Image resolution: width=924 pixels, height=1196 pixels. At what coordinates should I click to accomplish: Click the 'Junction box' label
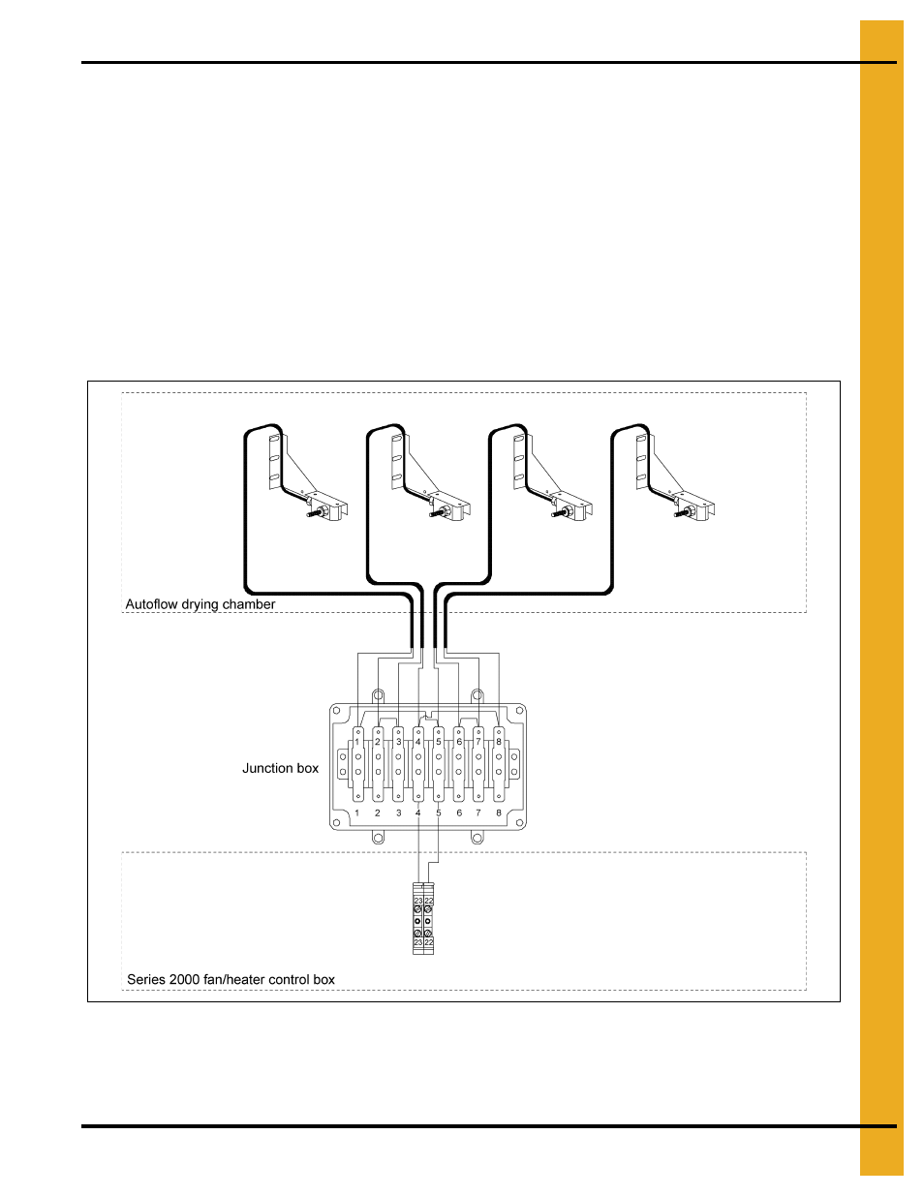(x=280, y=768)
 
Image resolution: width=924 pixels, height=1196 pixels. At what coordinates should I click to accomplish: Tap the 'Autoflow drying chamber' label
(x=200, y=604)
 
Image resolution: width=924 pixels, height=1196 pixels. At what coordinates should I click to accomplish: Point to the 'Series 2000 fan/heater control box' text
(x=231, y=979)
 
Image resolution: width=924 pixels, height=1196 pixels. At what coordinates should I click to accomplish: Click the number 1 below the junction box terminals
(x=357, y=813)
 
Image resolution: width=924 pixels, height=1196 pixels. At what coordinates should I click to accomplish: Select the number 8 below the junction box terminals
(x=499, y=813)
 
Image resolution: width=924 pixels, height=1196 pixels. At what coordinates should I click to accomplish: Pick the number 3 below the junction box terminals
(x=398, y=813)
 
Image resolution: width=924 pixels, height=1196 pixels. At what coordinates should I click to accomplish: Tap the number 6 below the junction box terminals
(x=459, y=813)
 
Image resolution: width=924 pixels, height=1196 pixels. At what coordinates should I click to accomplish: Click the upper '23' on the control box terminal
(x=418, y=901)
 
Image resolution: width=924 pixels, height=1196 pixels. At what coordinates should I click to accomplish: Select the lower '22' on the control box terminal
(x=429, y=942)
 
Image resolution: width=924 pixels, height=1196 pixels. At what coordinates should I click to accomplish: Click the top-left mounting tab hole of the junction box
(x=379, y=694)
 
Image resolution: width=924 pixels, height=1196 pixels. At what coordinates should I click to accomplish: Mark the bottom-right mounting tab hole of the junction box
(x=477, y=839)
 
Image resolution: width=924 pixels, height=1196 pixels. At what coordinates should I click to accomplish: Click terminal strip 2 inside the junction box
(x=378, y=765)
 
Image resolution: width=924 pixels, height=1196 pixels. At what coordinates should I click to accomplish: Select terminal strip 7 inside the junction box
(x=478, y=765)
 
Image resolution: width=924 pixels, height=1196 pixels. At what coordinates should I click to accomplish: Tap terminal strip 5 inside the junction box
(x=439, y=765)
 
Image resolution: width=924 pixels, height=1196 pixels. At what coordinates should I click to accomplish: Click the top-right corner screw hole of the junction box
(x=520, y=712)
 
